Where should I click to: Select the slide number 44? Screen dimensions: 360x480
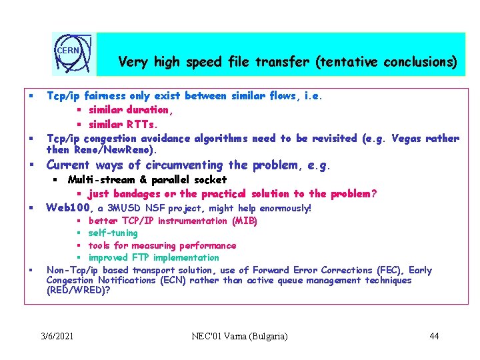click(434, 335)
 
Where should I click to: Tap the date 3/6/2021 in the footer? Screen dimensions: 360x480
click(57, 335)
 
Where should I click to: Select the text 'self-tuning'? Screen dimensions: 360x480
click(113, 233)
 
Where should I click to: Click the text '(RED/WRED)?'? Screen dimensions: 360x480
click(78, 290)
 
